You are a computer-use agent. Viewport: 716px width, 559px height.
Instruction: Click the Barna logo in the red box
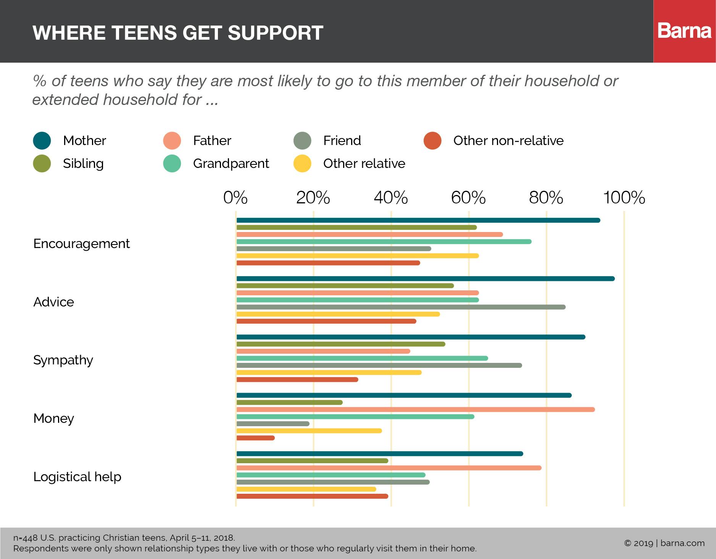pos(684,31)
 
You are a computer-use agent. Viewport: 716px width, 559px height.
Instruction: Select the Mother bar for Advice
pos(426,279)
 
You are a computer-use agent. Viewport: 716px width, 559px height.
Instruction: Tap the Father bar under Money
pos(415,409)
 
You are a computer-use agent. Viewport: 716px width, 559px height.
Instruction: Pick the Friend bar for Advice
pos(401,307)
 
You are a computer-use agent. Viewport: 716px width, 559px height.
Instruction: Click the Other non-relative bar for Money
pos(255,438)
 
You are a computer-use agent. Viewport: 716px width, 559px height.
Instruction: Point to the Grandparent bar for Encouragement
pos(384,242)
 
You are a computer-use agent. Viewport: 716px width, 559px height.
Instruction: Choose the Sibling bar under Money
pos(289,403)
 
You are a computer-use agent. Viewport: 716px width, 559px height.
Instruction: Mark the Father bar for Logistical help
pos(389,468)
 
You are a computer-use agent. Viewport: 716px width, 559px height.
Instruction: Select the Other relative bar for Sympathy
pos(329,372)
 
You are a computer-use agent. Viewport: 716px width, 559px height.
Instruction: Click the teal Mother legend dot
pos(42,140)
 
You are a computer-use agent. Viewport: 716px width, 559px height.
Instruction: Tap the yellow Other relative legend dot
pos(302,163)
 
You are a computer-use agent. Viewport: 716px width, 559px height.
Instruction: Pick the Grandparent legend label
pos(231,163)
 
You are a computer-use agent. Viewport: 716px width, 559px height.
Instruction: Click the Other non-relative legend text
pos(508,140)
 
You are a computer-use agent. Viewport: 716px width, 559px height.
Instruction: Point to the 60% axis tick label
pos(468,198)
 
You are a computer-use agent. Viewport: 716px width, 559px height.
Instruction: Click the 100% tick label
pos(624,198)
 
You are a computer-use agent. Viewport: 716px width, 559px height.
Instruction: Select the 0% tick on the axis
pos(235,198)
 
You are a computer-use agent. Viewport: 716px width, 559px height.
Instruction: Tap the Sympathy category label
pos(63,360)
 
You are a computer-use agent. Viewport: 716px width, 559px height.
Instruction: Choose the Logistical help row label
pos(77,477)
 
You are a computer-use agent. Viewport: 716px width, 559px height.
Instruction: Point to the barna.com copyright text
pos(664,543)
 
